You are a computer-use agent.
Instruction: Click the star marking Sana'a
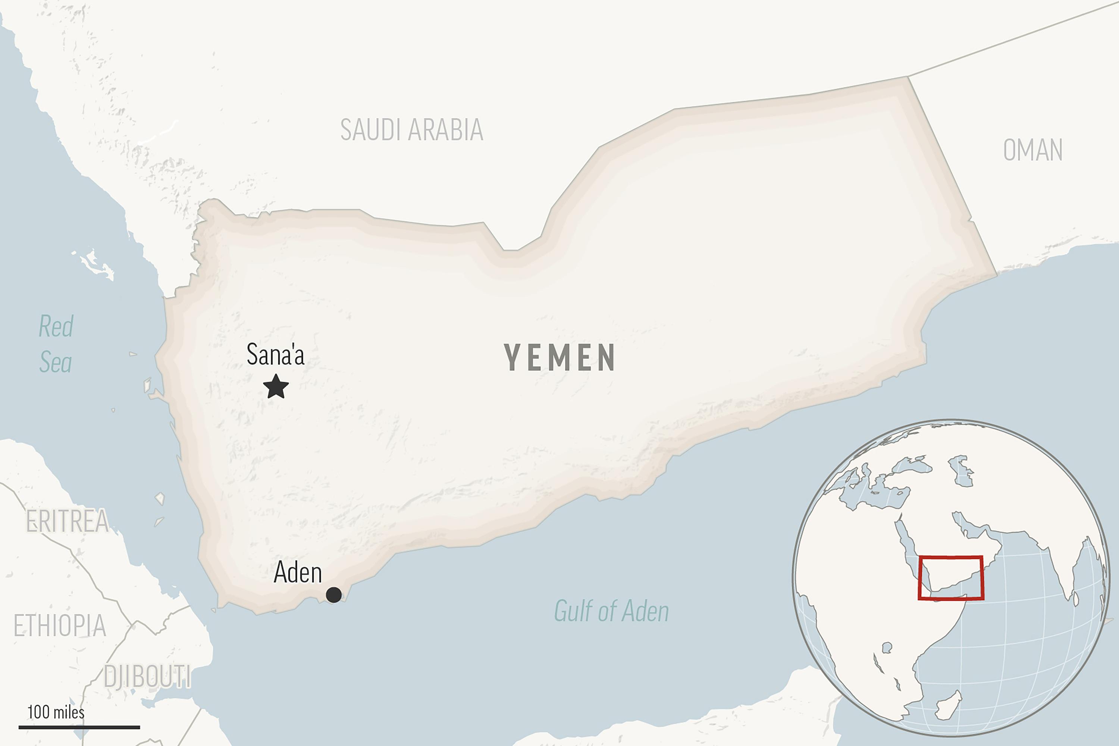[276, 386]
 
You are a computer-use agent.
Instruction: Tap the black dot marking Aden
[333, 595]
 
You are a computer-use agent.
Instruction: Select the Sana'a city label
[276, 354]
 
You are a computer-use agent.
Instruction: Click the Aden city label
[298, 572]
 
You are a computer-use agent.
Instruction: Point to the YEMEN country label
[559, 358]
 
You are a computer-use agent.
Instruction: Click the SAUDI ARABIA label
[411, 129]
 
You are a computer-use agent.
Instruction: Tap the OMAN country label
[1032, 150]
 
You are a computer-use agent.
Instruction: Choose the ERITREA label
[67, 521]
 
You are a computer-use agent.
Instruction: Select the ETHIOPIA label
[59, 625]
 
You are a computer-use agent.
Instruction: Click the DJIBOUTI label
[147, 676]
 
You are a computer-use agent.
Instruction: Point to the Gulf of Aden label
[611, 611]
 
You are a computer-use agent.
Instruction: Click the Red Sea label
[56, 344]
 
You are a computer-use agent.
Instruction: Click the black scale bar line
[79, 727]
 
